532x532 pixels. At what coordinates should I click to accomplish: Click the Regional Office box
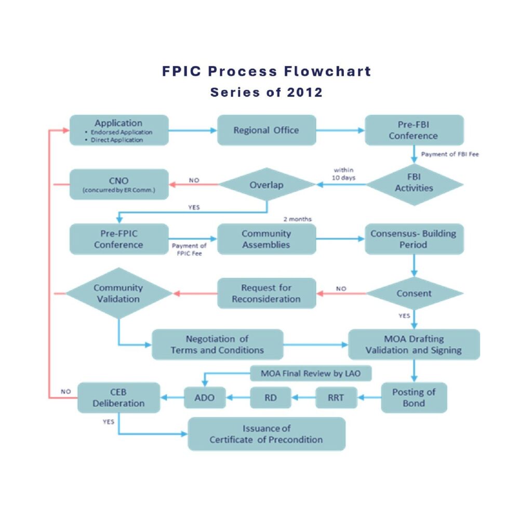click(x=266, y=130)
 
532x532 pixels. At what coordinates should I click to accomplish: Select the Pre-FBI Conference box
click(x=414, y=130)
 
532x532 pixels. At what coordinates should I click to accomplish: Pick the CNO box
click(x=119, y=184)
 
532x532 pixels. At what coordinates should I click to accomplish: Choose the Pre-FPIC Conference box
click(x=119, y=239)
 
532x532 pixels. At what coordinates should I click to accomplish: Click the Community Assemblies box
click(x=266, y=239)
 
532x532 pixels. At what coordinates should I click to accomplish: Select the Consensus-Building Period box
click(x=414, y=239)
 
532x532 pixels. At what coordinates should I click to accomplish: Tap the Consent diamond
click(x=414, y=294)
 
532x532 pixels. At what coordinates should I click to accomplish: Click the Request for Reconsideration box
click(x=266, y=294)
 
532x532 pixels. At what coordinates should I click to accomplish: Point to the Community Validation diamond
click(x=119, y=294)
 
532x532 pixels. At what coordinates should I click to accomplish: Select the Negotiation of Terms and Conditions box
click(x=217, y=344)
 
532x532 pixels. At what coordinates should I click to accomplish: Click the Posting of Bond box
click(x=414, y=397)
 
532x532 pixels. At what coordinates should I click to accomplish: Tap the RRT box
click(x=336, y=398)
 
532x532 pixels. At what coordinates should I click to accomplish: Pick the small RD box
click(x=270, y=398)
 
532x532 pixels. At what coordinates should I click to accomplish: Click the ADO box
click(x=204, y=398)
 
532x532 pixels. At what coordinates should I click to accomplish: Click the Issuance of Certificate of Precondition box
click(x=266, y=434)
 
